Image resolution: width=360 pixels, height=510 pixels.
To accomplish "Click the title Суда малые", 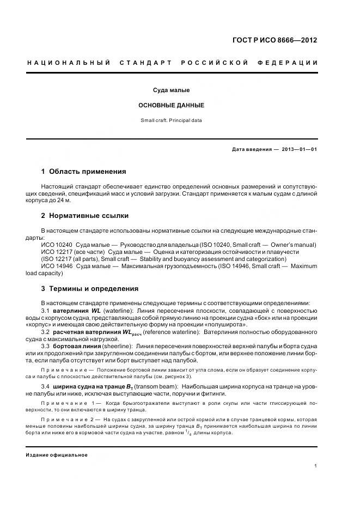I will click(x=172, y=90).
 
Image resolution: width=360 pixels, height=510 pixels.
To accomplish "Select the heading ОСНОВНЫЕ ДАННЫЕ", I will click(x=172, y=105).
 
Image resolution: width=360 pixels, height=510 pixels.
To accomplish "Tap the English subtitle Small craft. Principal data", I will click(x=172, y=120).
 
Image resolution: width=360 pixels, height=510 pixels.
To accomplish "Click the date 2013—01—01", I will click(x=300, y=149).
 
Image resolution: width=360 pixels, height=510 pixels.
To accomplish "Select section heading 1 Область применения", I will click(x=83, y=171).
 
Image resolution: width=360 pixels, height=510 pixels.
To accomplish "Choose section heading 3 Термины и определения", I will click(x=90, y=288).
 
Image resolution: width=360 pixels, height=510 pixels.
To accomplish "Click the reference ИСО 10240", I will click(x=56, y=245).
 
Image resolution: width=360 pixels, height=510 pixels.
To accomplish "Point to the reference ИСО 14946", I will click(x=56, y=266).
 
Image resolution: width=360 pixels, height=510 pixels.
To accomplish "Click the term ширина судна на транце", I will click(x=90, y=387).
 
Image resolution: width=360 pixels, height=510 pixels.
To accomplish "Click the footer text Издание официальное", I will click(x=57, y=455).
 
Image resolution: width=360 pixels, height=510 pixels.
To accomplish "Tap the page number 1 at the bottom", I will click(x=316, y=466).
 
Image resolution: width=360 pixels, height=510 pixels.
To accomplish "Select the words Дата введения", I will click(x=251, y=149).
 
